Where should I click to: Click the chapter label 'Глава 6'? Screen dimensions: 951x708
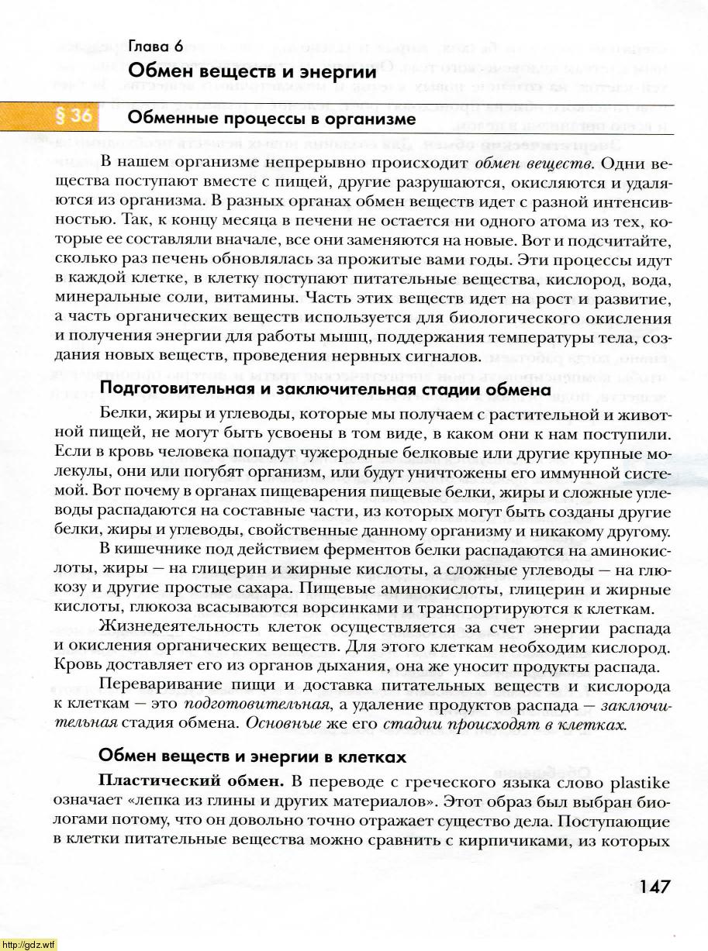156,47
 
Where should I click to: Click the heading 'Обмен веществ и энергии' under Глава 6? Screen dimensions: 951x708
252,71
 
